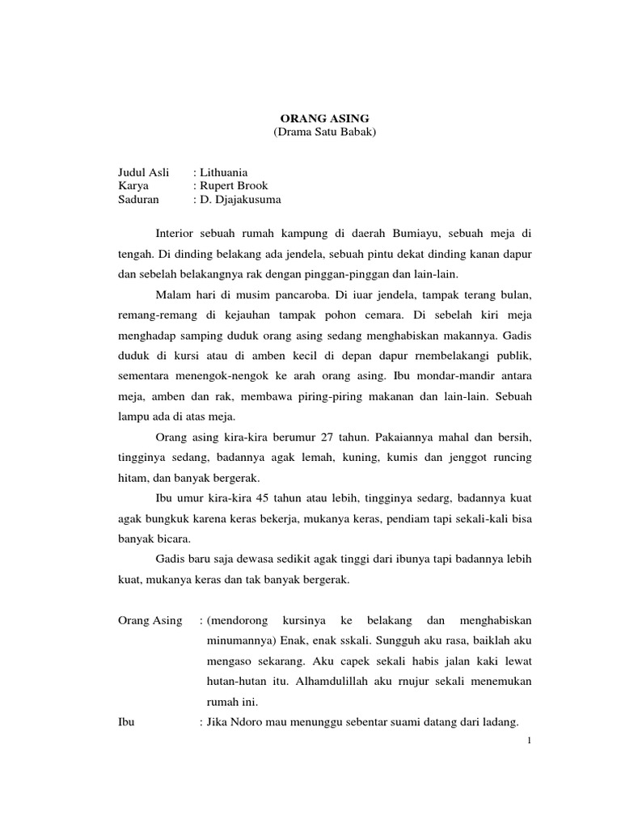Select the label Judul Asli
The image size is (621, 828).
click(143, 172)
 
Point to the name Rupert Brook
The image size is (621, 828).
click(234, 186)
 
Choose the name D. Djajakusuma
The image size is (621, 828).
click(241, 200)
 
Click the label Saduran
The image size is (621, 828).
click(139, 200)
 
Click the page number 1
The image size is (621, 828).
click(526, 740)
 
